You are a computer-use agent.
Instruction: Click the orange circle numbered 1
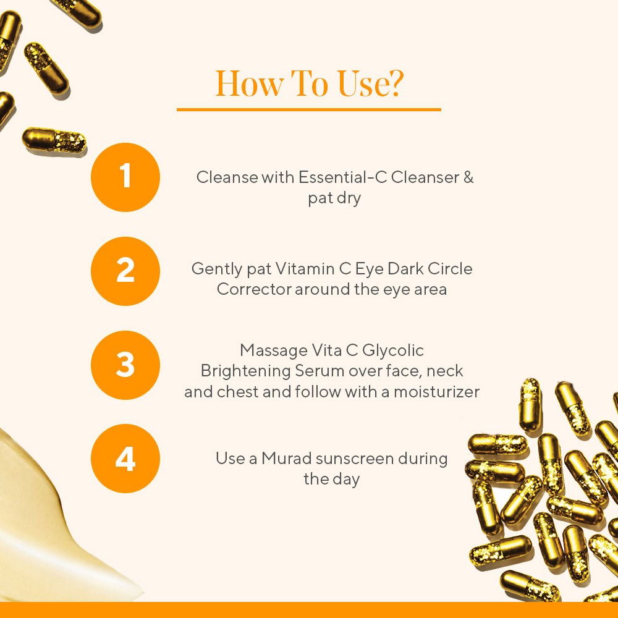pyautogui.click(x=125, y=177)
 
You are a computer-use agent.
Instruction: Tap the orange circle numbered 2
pyautogui.click(x=125, y=271)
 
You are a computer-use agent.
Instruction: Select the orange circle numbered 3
pyautogui.click(x=125, y=365)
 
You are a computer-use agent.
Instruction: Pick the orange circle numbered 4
pyautogui.click(x=125, y=459)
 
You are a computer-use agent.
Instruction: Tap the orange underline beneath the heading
pyautogui.click(x=309, y=109)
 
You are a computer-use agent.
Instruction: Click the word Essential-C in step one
pyautogui.click(x=335, y=177)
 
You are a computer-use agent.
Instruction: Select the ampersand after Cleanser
pyautogui.click(x=468, y=177)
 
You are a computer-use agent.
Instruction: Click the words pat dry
pyautogui.click(x=334, y=199)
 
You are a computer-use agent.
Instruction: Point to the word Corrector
pyautogui.click(x=253, y=289)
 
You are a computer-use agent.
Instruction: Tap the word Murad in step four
pyautogui.click(x=286, y=459)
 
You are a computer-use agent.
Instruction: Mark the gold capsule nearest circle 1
pyautogui.click(x=54, y=140)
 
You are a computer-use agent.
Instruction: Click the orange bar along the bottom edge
pyautogui.click(x=309, y=610)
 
